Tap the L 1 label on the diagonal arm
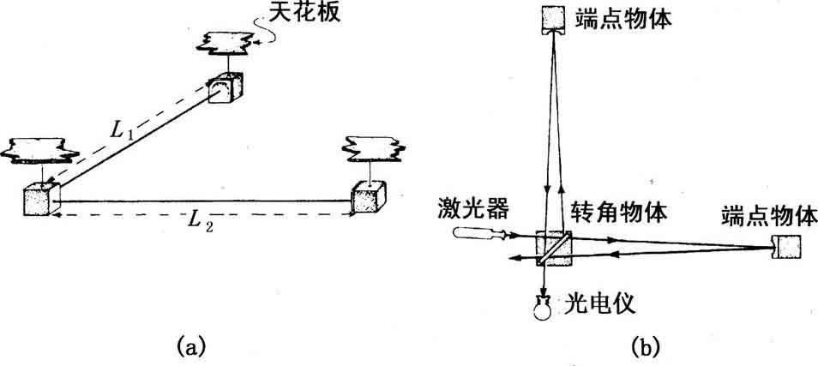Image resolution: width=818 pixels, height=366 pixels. pyautogui.click(x=123, y=131)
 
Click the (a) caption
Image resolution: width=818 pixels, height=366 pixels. pyautogui.click(x=192, y=345)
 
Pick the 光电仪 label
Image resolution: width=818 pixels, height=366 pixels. pyautogui.click(x=600, y=304)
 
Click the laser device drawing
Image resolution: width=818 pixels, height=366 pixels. pyautogui.click(x=478, y=233)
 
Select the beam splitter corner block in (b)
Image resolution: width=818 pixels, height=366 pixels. pyautogui.click(x=554, y=249)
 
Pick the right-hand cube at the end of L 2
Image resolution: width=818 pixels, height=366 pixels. pyautogui.click(x=370, y=198)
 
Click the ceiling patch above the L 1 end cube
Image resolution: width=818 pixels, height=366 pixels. pyautogui.click(x=225, y=42)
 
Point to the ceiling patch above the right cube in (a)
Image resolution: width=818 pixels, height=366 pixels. pyautogui.click(x=373, y=147)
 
